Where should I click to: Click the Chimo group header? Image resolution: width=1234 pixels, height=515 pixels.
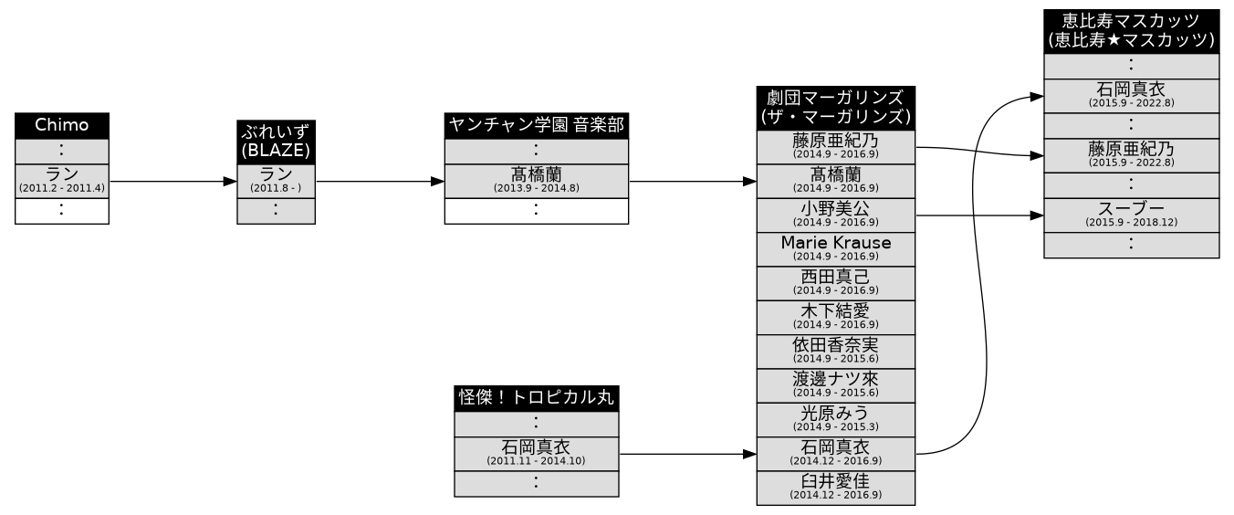click(x=62, y=126)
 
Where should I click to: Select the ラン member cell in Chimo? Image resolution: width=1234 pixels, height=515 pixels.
click(x=62, y=181)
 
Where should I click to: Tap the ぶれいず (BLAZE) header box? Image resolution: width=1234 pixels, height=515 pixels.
click(x=276, y=142)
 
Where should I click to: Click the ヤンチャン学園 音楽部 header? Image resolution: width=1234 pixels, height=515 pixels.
click(x=536, y=126)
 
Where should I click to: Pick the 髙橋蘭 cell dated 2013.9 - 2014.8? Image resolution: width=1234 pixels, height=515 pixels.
click(x=536, y=181)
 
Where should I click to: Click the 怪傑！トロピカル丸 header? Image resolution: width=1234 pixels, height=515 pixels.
click(x=536, y=398)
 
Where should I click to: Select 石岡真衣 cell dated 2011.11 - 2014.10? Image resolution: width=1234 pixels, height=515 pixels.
click(x=536, y=454)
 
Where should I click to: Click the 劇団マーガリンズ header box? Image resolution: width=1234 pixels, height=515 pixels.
click(x=835, y=108)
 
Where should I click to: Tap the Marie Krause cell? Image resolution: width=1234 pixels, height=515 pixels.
click(x=835, y=249)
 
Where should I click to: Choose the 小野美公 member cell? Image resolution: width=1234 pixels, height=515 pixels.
click(x=835, y=215)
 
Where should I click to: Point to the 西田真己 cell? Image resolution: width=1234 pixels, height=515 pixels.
click(x=835, y=283)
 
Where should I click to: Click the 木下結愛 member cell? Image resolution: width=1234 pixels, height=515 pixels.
click(x=835, y=317)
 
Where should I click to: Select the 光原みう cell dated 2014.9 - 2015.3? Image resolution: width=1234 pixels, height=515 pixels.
click(x=835, y=419)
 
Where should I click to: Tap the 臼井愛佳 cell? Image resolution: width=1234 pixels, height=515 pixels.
click(x=835, y=487)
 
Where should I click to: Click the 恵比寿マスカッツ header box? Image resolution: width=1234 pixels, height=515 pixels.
click(x=1131, y=31)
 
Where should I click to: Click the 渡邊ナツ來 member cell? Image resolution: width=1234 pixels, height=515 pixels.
click(x=835, y=384)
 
